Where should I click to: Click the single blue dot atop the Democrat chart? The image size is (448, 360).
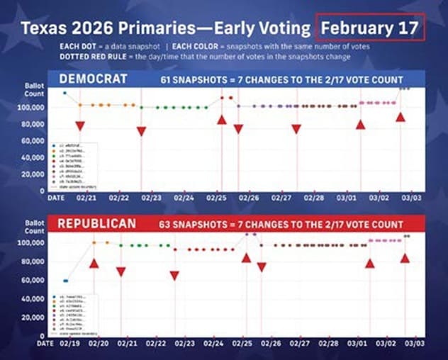65,93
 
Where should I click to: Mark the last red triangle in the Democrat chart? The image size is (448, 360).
401,117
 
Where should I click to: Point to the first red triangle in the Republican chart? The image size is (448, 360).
94,263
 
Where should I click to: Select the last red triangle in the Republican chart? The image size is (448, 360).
405,258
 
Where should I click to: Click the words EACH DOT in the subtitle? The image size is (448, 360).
80,45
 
